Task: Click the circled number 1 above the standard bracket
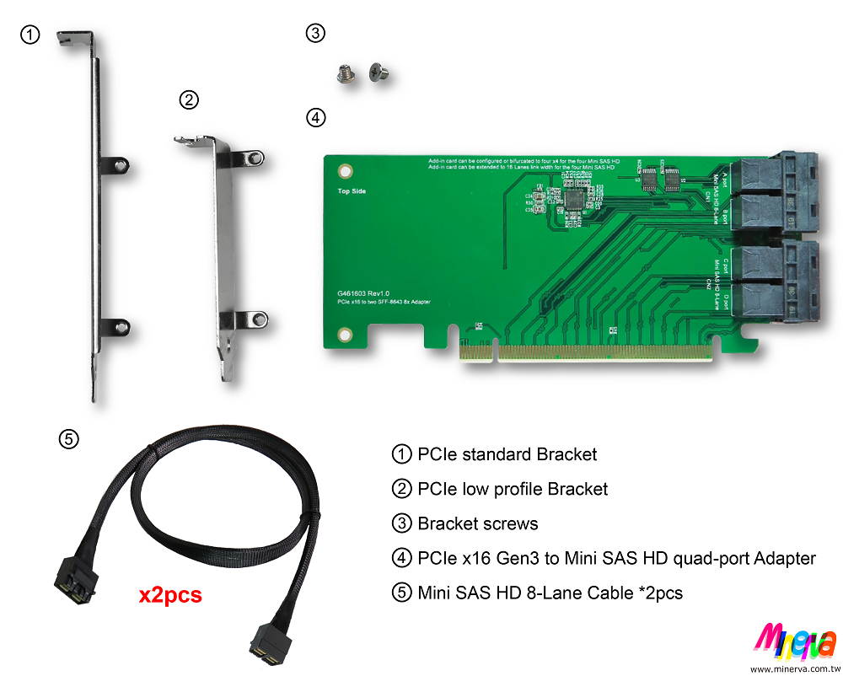click(x=30, y=35)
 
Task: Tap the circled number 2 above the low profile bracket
click(x=190, y=100)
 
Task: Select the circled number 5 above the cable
click(x=69, y=438)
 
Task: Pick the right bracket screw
click(x=379, y=74)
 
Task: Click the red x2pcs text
click(x=170, y=595)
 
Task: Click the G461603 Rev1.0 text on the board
click(x=362, y=293)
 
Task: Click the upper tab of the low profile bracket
click(x=250, y=158)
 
